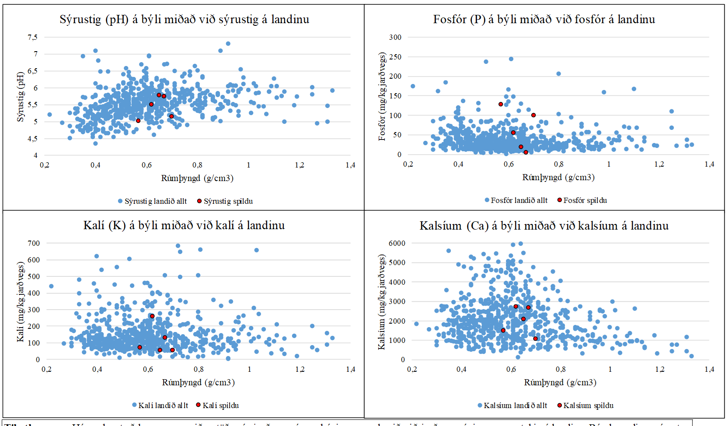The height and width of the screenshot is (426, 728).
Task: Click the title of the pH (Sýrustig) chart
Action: [x=184, y=20]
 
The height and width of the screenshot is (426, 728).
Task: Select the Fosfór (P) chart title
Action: [x=544, y=20]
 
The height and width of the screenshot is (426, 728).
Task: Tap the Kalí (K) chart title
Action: [x=184, y=226]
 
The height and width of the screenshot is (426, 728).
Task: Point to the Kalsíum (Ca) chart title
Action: [x=544, y=226]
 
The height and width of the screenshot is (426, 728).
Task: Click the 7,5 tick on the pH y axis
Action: [x=33, y=38]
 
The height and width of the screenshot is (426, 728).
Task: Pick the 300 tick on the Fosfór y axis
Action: [x=395, y=38]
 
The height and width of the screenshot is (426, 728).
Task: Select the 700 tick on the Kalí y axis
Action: [x=34, y=244]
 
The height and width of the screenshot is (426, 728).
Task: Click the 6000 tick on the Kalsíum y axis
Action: [x=397, y=244]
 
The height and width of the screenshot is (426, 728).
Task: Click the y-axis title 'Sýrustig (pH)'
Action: [x=21, y=97]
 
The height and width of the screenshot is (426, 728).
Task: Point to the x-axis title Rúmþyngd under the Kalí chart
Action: [x=198, y=383]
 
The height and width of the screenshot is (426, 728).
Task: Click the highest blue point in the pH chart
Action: [x=228, y=44]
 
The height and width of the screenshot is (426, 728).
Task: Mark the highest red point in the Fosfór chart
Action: [x=501, y=104]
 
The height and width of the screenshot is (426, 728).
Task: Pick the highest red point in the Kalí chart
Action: [x=152, y=316]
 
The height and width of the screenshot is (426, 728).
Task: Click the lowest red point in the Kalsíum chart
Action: [x=536, y=339]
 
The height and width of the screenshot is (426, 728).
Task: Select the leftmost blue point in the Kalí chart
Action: [x=51, y=286]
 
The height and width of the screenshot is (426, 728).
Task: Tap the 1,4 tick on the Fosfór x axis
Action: [x=709, y=164]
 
